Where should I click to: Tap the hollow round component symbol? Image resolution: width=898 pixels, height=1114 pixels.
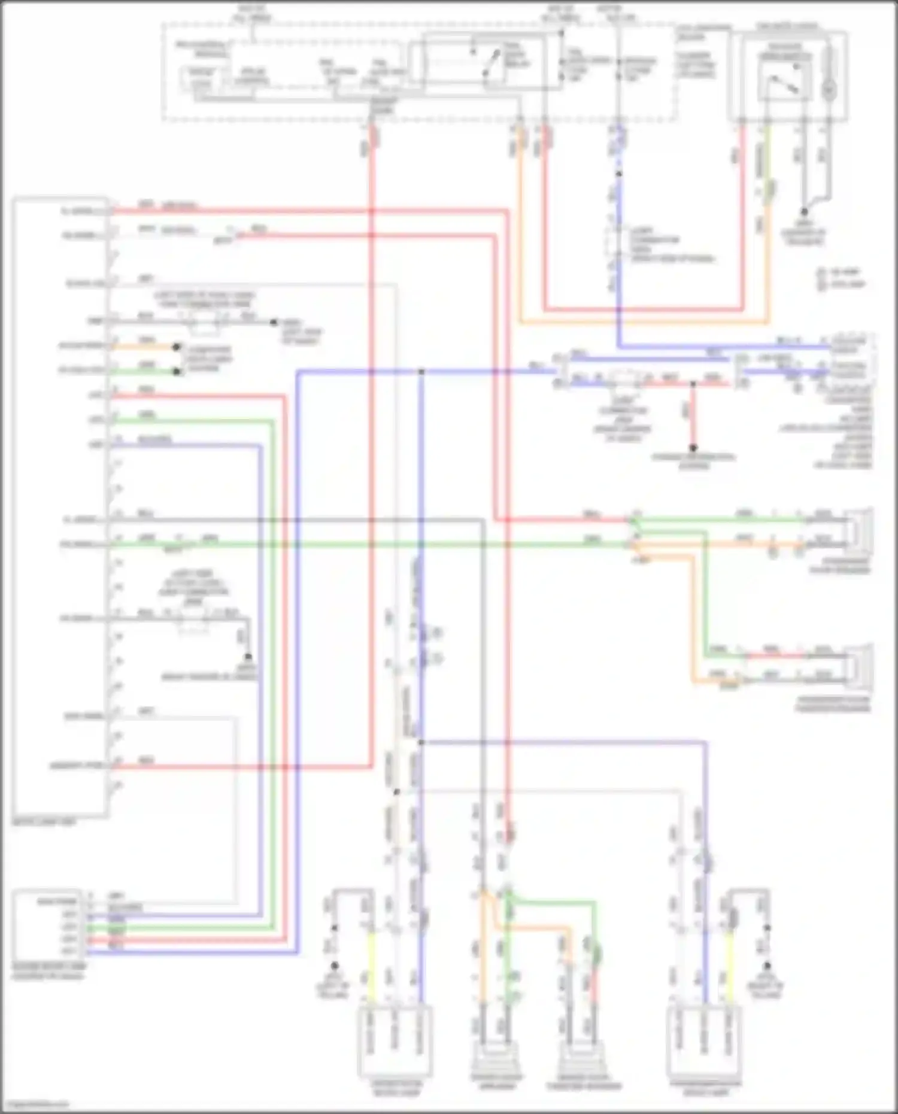tap(829, 90)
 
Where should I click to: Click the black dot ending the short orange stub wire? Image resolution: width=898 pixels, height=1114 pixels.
tap(177, 347)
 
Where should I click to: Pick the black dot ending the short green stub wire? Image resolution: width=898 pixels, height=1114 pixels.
tap(177, 372)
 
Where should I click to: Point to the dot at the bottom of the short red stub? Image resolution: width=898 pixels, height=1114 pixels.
tap(693, 448)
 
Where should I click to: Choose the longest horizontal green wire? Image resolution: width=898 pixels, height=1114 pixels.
tap(371, 544)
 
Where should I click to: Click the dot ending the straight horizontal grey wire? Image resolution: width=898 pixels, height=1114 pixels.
tap(274, 322)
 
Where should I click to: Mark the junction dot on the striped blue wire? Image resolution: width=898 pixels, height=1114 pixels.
tap(619, 174)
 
